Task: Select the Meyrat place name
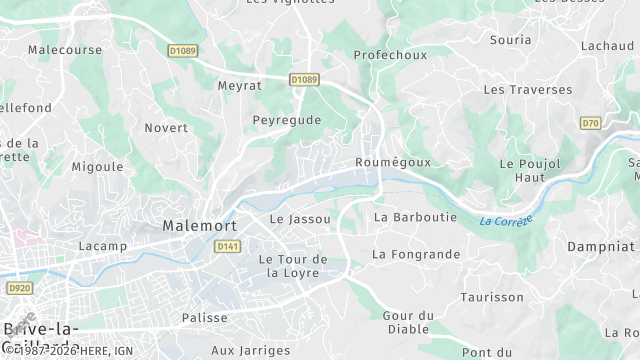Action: (240, 86)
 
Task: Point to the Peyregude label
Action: (286, 120)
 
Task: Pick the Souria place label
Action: (510, 40)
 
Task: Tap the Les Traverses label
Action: (528, 89)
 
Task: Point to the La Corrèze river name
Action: (505, 220)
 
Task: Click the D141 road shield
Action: (228, 246)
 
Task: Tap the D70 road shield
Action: (590, 123)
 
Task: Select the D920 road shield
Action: (18, 288)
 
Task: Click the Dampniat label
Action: (600, 245)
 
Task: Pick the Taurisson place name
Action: (491, 297)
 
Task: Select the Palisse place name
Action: (205, 318)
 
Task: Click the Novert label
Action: (166, 128)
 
